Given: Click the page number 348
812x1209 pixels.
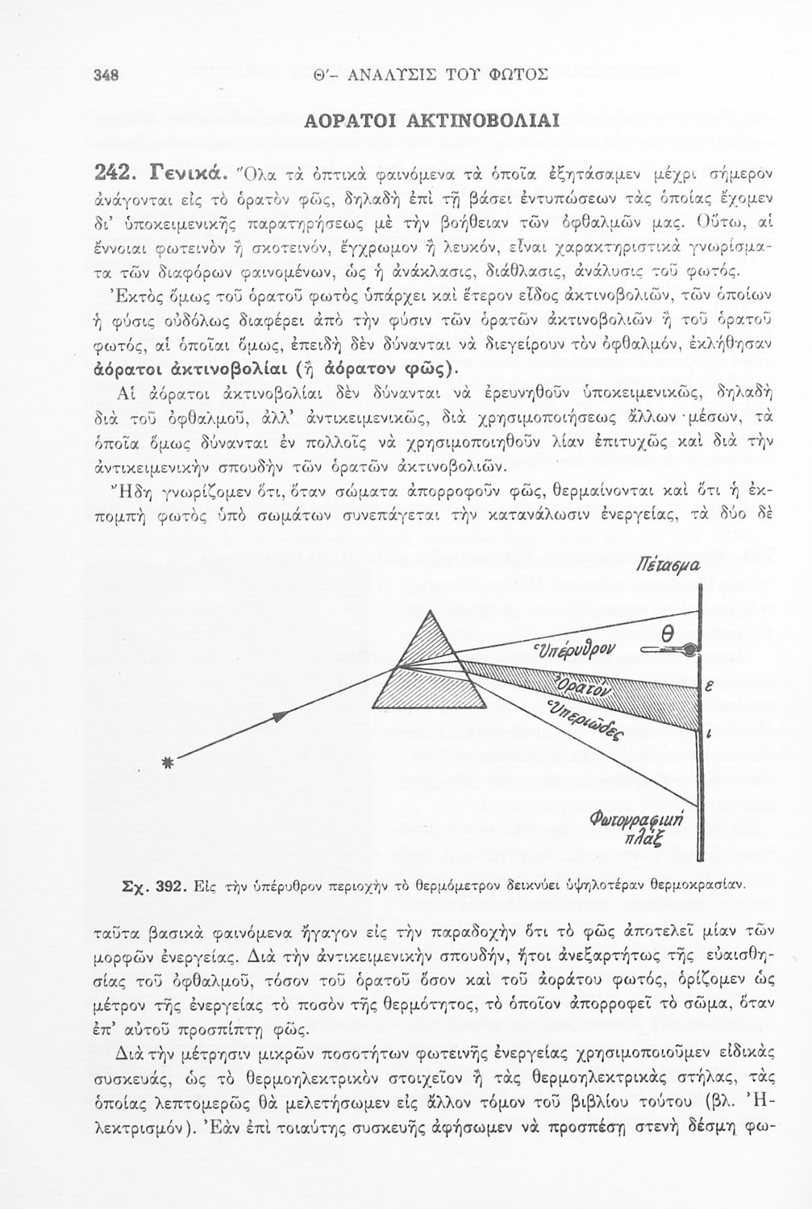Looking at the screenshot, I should pos(106,76).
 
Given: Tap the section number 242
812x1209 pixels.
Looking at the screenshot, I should pos(118,173).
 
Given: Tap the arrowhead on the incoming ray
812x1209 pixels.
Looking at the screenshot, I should pos(281,716).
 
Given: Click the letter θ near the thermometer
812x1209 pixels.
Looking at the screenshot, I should pos(667,637).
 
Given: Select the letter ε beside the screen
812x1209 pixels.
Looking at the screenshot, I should pos(709,688).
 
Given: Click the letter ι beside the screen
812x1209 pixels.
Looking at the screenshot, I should pos(708,734).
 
